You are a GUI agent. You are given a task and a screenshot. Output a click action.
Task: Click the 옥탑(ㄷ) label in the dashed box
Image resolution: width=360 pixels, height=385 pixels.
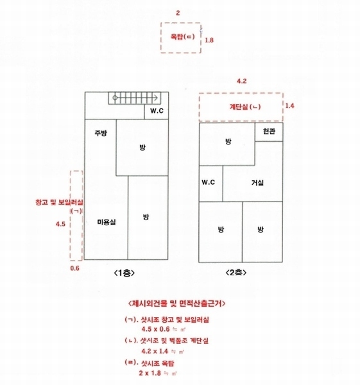(182, 37)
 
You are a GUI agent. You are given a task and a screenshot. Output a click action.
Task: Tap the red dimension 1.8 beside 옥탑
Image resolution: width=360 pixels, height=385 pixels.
(209, 40)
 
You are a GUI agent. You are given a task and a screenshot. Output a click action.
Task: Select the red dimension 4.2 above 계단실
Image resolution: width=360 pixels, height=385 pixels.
(242, 81)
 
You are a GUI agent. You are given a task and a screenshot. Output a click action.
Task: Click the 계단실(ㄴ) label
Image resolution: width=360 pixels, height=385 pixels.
(245, 107)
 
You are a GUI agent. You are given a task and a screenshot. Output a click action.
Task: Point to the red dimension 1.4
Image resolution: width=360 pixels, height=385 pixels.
(289, 106)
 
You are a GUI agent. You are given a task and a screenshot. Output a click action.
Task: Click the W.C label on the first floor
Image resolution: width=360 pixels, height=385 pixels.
(157, 111)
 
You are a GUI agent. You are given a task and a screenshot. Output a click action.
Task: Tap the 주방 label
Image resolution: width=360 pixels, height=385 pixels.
(101, 133)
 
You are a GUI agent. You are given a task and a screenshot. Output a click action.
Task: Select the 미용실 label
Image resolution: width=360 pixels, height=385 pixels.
(107, 222)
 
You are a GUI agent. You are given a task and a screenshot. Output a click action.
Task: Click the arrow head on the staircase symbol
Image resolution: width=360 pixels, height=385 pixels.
(156, 98)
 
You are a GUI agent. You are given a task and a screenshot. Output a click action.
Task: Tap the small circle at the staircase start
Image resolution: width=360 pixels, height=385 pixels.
(115, 98)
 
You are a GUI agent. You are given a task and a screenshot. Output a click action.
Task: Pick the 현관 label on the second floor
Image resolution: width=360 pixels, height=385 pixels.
(269, 132)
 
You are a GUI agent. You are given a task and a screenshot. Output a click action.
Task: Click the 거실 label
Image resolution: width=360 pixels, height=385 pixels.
(257, 182)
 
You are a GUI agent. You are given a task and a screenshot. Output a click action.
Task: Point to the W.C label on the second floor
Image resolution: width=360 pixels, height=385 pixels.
(209, 182)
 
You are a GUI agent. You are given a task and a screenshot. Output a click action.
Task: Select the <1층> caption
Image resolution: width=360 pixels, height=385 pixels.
(124, 273)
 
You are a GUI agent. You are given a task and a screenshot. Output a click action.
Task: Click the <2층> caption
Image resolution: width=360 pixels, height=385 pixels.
(236, 272)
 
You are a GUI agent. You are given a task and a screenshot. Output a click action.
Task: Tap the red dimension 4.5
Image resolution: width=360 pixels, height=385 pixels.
(60, 224)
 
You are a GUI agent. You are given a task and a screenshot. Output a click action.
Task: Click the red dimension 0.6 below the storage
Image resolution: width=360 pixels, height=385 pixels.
(75, 268)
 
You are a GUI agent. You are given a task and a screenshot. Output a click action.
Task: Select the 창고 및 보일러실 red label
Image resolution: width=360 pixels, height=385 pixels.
(59, 203)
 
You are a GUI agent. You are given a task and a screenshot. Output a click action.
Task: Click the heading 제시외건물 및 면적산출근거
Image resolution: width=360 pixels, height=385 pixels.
(177, 304)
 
